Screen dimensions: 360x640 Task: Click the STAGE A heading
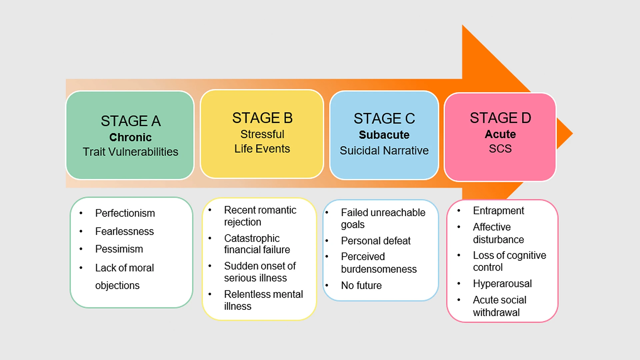131,121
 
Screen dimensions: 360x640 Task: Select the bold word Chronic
130,137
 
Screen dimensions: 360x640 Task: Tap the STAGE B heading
262,118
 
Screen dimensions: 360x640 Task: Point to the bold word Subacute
384,135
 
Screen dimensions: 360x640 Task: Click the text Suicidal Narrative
384,151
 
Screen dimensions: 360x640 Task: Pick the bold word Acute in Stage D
500,134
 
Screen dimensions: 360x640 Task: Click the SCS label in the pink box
500,149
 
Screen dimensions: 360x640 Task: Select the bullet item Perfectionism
125,213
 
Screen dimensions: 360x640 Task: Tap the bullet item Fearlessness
124,231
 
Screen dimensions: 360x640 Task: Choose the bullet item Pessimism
119,249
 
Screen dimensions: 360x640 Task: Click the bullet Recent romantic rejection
260,216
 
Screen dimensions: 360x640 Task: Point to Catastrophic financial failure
257,244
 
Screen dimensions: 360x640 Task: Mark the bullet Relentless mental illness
263,300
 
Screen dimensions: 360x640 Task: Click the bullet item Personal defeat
376,241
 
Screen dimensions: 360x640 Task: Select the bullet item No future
361,285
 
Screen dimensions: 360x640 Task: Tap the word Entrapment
498,211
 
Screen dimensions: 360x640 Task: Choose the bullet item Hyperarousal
502,284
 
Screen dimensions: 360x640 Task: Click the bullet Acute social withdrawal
499,306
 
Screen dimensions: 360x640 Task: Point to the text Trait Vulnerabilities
130,152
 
